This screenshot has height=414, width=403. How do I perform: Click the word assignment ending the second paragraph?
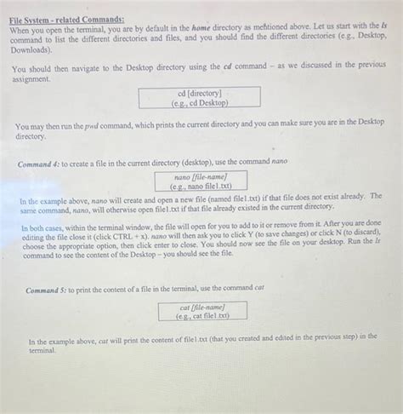click(x=30, y=77)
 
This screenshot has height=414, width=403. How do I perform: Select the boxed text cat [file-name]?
click(x=201, y=306)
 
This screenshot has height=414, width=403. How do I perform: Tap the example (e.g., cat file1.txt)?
click(x=201, y=315)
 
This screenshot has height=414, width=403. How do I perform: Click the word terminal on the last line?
click(x=41, y=350)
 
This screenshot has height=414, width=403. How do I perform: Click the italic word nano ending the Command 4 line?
click(x=280, y=160)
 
